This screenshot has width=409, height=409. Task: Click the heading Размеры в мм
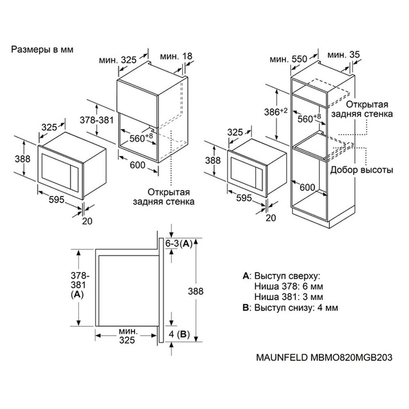[42, 50]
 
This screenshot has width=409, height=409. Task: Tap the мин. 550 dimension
[288, 59]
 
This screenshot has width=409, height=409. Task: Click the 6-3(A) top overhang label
[179, 244]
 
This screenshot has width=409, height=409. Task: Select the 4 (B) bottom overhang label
[179, 335]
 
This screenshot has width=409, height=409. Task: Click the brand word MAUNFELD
[279, 357]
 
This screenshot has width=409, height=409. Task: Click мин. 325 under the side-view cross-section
[127, 335]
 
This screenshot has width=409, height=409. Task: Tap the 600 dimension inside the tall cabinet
[307, 187]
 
